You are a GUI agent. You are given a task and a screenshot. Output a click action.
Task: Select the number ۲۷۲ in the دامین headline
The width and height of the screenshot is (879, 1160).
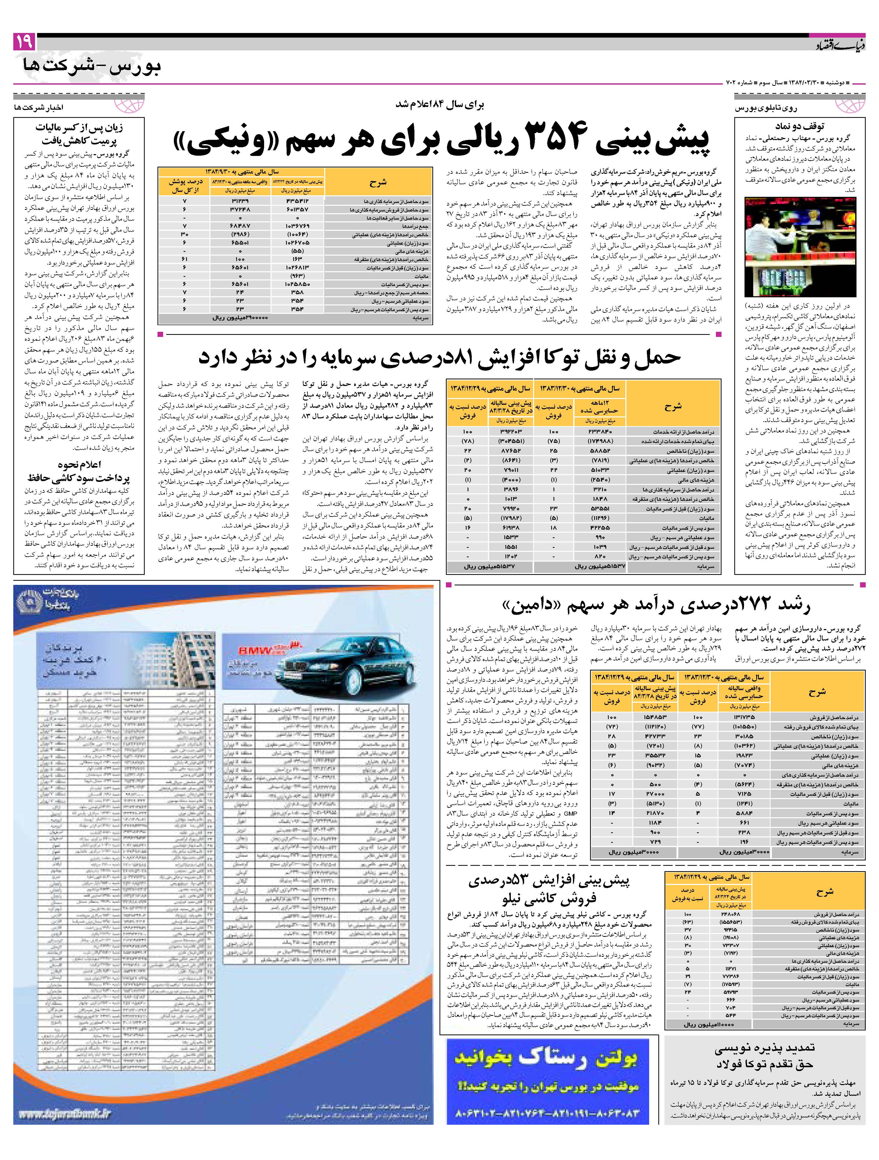pos(739,605)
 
